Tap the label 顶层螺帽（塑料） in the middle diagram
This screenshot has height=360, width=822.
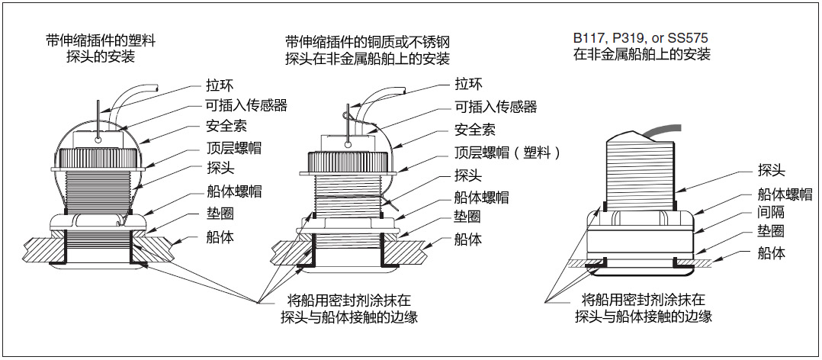click(x=507, y=153)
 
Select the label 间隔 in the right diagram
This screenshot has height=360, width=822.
click(x=770, y=213)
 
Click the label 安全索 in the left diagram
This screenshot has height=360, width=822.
click(x=226, y=126)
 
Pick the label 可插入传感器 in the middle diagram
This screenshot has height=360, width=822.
click(x=496, y=107)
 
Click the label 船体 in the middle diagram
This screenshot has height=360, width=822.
click(x=468, y=239)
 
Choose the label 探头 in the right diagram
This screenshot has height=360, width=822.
click(x=770, y=171)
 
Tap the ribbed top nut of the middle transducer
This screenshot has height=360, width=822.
click(x=351, y=162)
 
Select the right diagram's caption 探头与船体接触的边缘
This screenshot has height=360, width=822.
click(x=642, y=316)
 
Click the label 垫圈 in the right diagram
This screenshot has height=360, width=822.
click(x=770, y=232)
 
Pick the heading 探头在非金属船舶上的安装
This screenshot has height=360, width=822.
click(x=367, y=58)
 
